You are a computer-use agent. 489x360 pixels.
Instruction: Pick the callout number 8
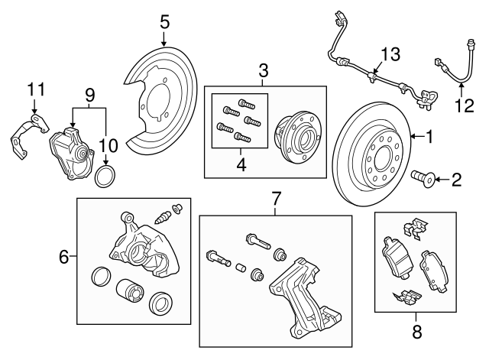click(416, 332)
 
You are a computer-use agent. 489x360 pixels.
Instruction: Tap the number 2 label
click(456, 180)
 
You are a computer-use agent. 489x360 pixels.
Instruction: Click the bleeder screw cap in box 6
click(177, 208)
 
